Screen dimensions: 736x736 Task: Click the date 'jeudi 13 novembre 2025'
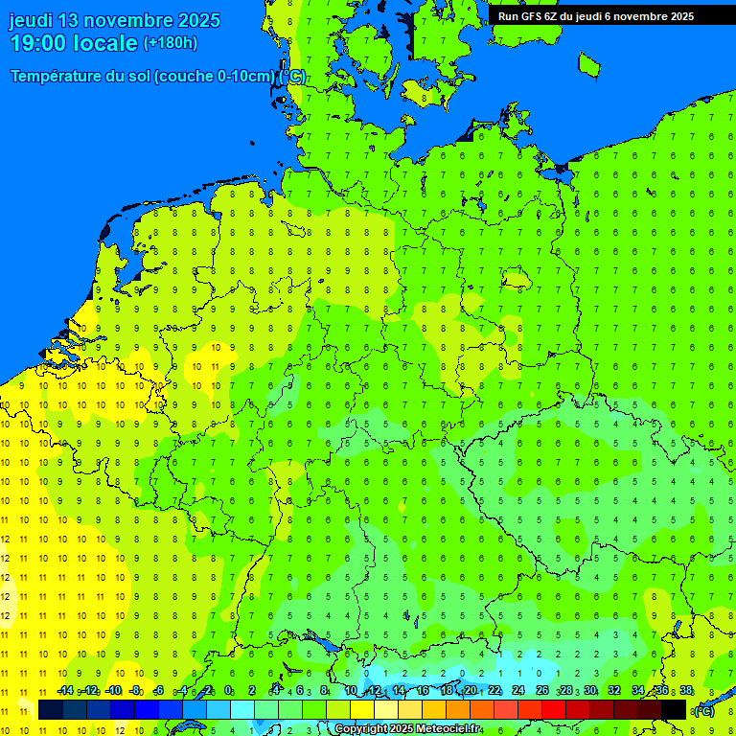(x=114, y=20)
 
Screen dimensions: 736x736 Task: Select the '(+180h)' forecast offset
(x=170, y=43)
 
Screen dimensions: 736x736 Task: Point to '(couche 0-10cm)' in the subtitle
(x=215, y=77)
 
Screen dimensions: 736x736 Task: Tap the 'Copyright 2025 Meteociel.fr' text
(x=407, y=728)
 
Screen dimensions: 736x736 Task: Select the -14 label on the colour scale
(x=65, y=690)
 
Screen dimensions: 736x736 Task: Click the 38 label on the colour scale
(x=686, y=690)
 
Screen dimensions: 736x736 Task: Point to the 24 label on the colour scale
(x=517, y=690)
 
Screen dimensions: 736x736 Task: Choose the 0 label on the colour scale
(x=228, y=690)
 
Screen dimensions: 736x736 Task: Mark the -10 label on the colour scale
(x=112, y=690)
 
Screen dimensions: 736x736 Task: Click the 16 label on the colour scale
(x=422, y=690)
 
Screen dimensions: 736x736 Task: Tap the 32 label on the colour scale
(x=614, y=690)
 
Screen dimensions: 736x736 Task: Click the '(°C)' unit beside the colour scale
(x=704, y=710)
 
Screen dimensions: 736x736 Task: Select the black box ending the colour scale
(x=674, y=710)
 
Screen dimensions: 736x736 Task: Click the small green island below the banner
(x=588, y=64)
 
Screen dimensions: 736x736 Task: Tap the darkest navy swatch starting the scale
(x=51, y=710)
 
